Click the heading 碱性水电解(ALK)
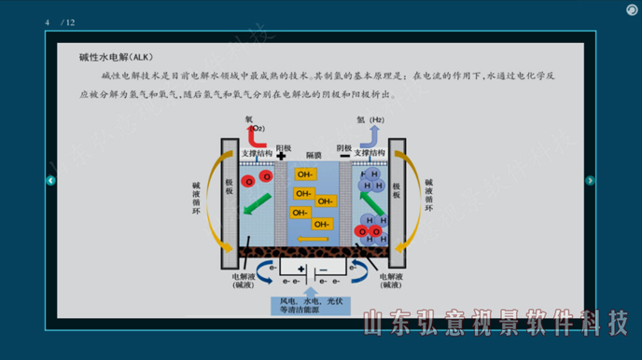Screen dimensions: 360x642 click(x=107, y=58)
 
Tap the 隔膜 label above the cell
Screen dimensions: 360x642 click(x=314, y=155)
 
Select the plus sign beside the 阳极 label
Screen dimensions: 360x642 click(x=281, y=155)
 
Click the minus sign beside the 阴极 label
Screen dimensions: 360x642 click(x=345, y=156)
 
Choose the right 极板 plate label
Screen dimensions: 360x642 click(x=397, y=189)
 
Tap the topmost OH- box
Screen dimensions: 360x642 click(x=305, y=174)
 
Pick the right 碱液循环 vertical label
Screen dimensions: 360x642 click(x=429, y=197)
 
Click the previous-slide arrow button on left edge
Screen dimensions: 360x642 click(x=51, y=181)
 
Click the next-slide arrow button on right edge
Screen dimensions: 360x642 click(x=590, y=181)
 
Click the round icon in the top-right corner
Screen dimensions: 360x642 click(x=631, y=9)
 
